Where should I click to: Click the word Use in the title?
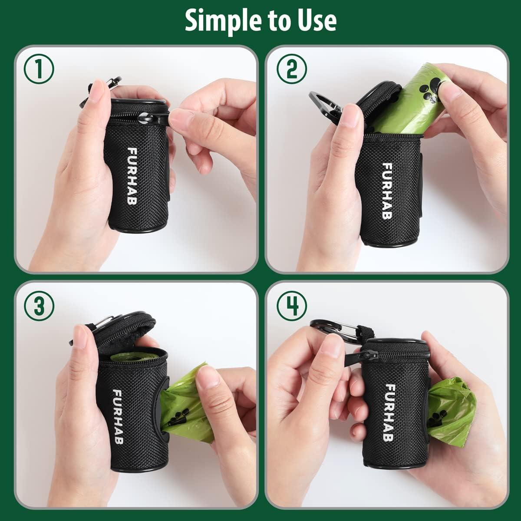pos(318,20)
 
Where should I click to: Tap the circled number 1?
pos(39,69)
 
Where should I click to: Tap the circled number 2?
pos(292,69)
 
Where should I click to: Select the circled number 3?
pos(39,306)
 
